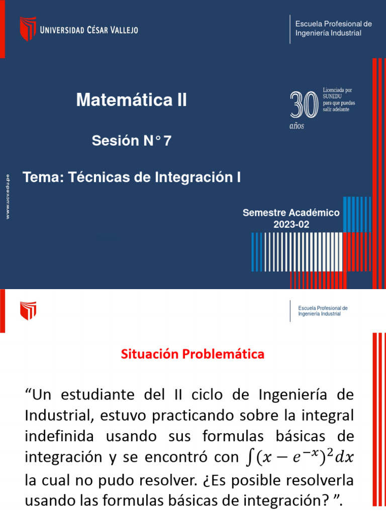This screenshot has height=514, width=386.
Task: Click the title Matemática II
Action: pos(131,100)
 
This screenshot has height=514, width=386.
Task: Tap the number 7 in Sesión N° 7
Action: pos(167,142)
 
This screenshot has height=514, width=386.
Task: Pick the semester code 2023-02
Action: pos(291,225)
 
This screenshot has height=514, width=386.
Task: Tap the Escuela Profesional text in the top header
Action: pos(333,24)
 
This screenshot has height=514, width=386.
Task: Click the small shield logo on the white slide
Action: pos(28,311)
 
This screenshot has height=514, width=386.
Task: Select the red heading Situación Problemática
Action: pos(192,354)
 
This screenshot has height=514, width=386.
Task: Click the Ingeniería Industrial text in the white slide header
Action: pos(319,314)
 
